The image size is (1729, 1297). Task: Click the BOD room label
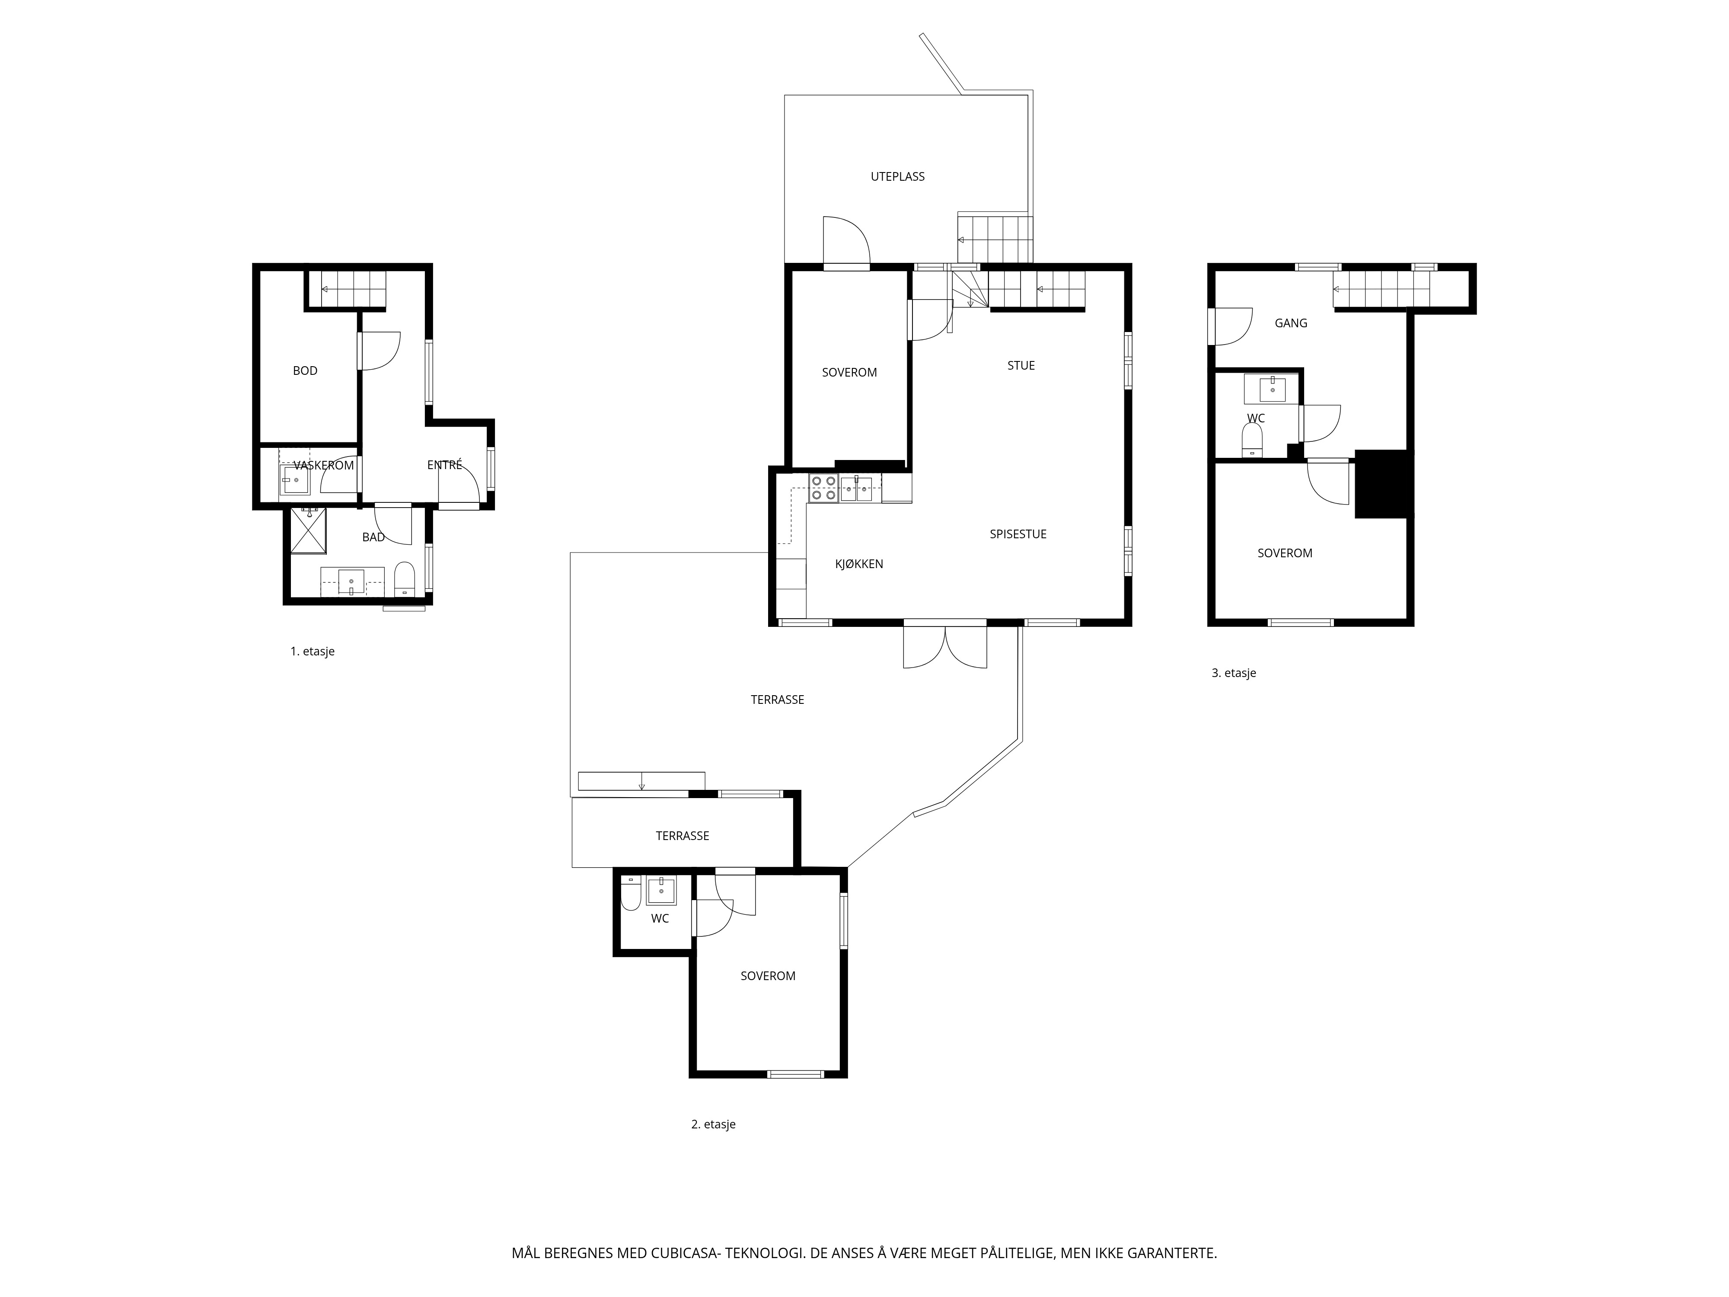coord(305,371)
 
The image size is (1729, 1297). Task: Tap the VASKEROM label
coord(324,465)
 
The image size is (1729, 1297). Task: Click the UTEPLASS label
coord(897,177)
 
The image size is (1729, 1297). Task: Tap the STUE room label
coord(1021,365)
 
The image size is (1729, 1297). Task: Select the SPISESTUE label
coord(1018,534)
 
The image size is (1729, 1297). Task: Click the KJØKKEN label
coord(859,564)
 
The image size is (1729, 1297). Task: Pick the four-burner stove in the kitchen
coord(824,488)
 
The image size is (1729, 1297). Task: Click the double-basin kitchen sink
coord(857,488)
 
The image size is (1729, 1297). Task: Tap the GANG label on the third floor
coord(1291,323)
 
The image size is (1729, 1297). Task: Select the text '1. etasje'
coord(312,651)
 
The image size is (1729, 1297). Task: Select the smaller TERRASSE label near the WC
coord(683,836)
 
